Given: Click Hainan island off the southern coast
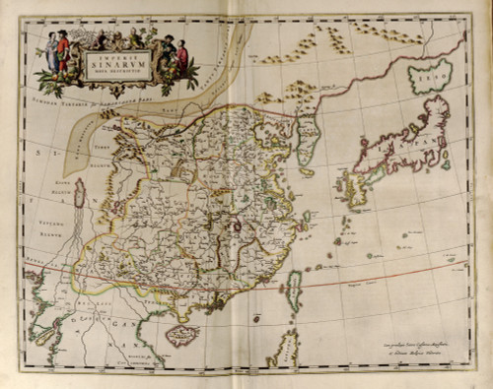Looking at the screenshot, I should [181, 336].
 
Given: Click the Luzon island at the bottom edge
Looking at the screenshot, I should [285, 350].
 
